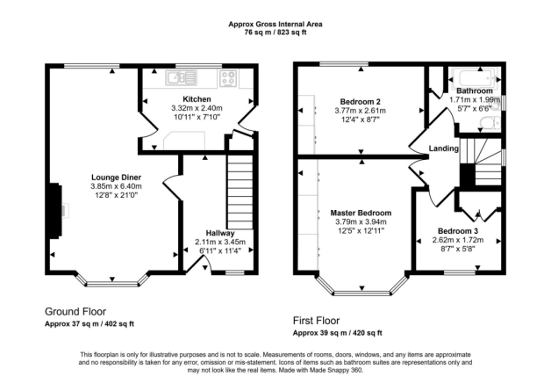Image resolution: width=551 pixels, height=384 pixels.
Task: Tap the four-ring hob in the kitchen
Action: point(230,78)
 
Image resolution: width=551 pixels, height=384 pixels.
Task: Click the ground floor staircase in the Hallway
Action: point(239,189)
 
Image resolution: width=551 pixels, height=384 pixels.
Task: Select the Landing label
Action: point(444,149)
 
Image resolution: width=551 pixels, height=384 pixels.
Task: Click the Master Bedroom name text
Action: point(361,213)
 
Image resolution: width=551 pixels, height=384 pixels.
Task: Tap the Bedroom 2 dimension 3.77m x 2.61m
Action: point(361,111)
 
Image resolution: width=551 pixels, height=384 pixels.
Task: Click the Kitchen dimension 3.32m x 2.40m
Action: point(197,108)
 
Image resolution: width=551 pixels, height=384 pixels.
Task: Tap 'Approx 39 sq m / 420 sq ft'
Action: point(337,334)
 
